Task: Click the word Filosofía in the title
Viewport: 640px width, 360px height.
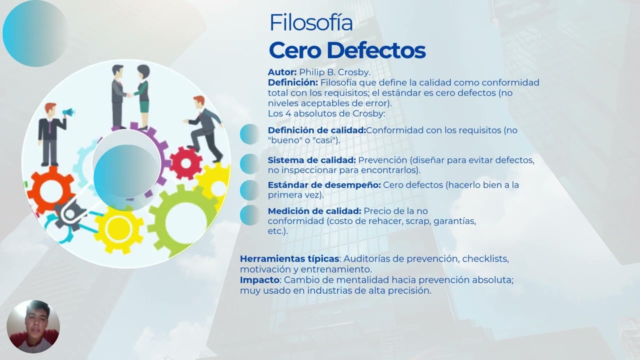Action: tap(310, 23)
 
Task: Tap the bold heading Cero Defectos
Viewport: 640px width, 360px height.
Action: tap(347, 50)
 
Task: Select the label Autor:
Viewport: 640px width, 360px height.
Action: tap(282, 72)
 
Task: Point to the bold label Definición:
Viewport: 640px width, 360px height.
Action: tap(292, 82)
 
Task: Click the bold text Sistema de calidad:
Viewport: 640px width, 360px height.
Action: tap(311, 160)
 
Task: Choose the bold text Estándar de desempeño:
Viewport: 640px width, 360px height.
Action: tap(324, 185)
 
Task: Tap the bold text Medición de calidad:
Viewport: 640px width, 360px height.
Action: tap(314, 211)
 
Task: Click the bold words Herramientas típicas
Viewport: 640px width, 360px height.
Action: tap(289, 259)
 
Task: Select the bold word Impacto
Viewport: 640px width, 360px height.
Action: tap(259, 280)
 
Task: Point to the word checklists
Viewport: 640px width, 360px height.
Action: tap(485, 259)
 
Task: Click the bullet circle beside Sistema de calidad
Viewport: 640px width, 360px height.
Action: tap(249, 163)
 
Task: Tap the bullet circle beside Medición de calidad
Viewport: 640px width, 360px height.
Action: tap(249, 215)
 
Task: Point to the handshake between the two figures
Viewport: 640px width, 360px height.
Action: tap(129, 94)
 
